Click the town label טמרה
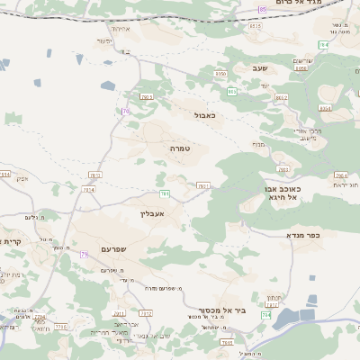(x=178, y=147)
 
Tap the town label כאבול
(x=203, y=115)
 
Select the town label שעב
(x=259, y=67)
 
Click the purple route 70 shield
(x=126, y=112)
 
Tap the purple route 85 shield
(x=262, y=9)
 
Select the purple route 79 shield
(x=84, y=255)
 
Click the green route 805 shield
(x=232, y=91)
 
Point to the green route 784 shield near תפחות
(x=265, y=315)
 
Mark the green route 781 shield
(x=165, y=193)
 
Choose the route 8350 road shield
(x=220, y=74)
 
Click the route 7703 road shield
(x=283, y=168)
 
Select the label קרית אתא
(x=11, y=241)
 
